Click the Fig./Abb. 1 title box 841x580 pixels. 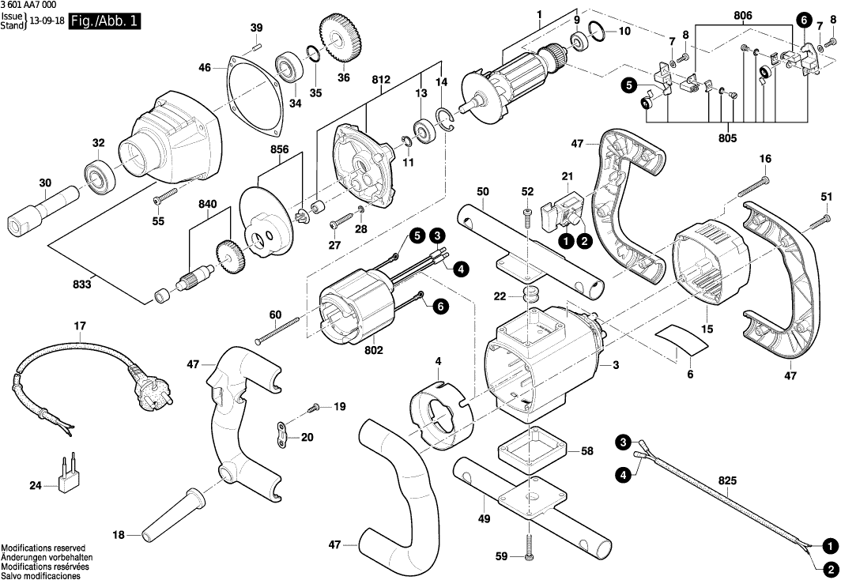pyautogui.click(x=104, y=22)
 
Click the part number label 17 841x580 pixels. pyautogui.click(x=80, y=326)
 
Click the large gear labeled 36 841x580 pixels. pyautogui.click(x=341, y=40)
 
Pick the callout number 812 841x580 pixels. pyautogui.click(x=381, y=80)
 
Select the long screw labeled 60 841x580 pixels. pyautogui.click(x=277, y=330)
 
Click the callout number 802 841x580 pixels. pyautogui.click(x=374, y=350)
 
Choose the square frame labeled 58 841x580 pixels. pyautogui.click(x=532, y=450)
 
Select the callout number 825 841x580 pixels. pyautogui.click(x=728, y=481)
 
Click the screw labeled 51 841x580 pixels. pyautogui.click(x=820, y=220)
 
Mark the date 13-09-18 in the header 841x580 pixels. pyautogui.click(x=47, y=22)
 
